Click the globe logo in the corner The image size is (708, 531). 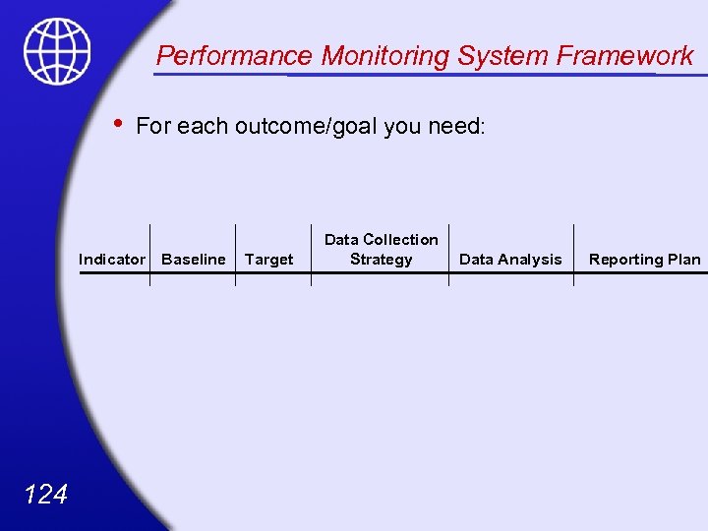pyautogui.click(x=57, y=51)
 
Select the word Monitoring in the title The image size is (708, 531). pyautogui.click(x=379, y=56)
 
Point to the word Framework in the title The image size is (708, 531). pyautogui.click(x=625, y=56)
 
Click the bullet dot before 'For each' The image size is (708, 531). pyautogui.click(x=117, y=124)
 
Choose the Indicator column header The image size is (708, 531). pyautogui.click(x=112, y=260)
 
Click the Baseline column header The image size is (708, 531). pyautogui.click(x=193, y=260)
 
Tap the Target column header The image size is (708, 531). pyautogui.click(x=268, y=260)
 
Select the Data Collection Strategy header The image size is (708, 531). pyautogui.click(x=381, y=250)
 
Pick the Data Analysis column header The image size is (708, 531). pyautogui.click(x=510, y=260)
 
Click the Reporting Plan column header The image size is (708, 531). pyautogui.click(x=644, y=260)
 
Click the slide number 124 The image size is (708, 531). pyautogui.click(x=44, y=494)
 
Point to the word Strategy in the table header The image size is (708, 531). pyautogui.click(x=381, y=260)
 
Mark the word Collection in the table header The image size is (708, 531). pyautogui.click(x=400, y=240)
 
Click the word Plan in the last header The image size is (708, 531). pyautogui.click(x=684, y=260)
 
